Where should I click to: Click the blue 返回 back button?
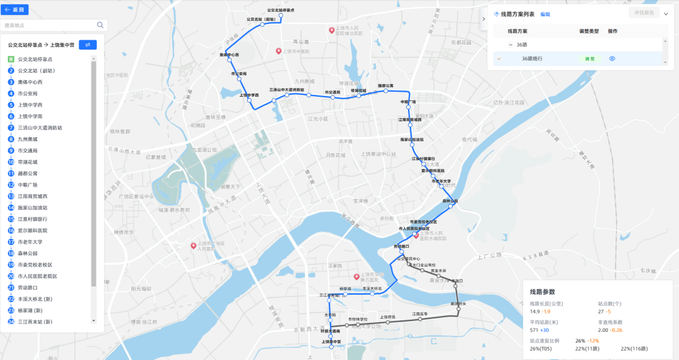tap(16, 10)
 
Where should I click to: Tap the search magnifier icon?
tap(100, 25)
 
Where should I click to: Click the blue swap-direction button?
tap(87, 45)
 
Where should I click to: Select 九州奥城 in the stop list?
tap(28, 139)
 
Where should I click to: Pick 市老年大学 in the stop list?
tap(30, 242)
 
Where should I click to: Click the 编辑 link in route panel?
tap(545, 14)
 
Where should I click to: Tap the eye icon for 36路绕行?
tap(612, 58)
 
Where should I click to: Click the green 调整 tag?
tap(590, 58)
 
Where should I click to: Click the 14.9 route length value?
tap(535, 312)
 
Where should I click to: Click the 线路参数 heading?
tap(543, 292)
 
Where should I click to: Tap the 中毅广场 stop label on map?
tap(408, 101)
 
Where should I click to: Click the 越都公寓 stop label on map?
tap(385, 85)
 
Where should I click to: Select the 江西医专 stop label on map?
tap(420, 314)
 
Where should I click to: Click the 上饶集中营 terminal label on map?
tap(331, 342)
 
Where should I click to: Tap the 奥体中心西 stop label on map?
tap(229, 55)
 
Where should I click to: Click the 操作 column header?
tap(612, 31)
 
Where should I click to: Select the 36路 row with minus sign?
tap(522, 45)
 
